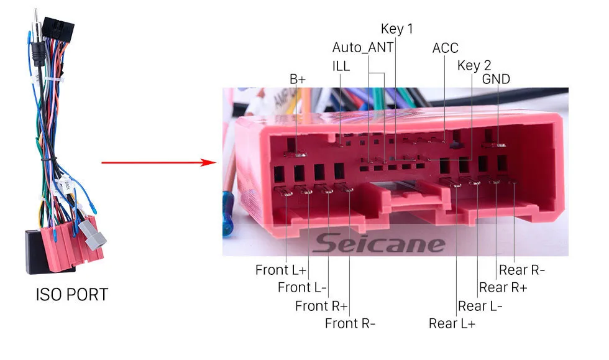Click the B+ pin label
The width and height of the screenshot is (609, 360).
298,79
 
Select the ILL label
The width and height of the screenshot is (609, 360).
341,66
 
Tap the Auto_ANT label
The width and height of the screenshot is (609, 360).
363,48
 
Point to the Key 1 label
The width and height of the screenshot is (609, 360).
396,29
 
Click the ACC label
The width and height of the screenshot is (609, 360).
446,48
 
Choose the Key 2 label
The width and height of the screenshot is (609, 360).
474,66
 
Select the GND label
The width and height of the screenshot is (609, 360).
496,79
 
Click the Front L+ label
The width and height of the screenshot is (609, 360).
281,270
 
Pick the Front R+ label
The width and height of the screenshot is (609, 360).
321,306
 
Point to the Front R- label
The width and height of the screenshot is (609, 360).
350,323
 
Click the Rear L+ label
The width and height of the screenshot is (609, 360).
452,323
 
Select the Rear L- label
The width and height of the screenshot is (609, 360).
480,306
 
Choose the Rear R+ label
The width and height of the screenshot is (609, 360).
503,287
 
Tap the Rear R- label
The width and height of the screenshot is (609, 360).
521,270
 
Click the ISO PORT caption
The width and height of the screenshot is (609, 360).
71,294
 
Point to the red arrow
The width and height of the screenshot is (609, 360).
158,164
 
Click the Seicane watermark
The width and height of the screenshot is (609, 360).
378,244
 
